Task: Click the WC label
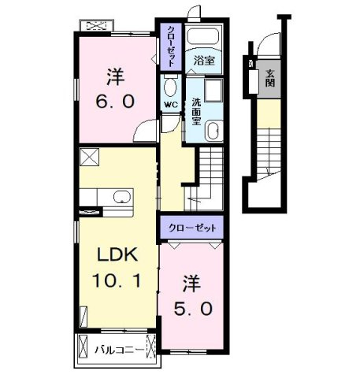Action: pyautogui.click(x=171, y=105)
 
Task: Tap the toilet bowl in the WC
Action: pyautogui.click(x=170, y=87)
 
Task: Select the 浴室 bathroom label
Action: pyautogui.click(x=204, y=61)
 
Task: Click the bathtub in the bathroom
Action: pyautogui.click(x=203, y=35)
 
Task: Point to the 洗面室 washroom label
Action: pyautogui.click(x=196, y=111)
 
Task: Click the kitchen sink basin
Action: pyautogui.click(x=122, y=197)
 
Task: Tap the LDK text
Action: pyautogui.click(x=117, y=254)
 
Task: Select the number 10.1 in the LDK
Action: pyautogui.click(x=117, y=280)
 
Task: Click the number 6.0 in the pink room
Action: pyautogui.click(x=115, y=102)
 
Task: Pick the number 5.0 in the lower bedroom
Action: pyautogui.click(x=193, y=309)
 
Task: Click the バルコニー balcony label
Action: pyautogui.click(x=120, y=350)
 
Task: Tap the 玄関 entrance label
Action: pyautogui.click(x=269, y=78)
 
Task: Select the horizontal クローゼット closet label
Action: pyautogui.click(x=192, y=228)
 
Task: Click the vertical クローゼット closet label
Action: pyautogui.click(x=171, y=46)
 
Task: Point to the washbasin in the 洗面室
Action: pyautogui.click(x=213, y=131)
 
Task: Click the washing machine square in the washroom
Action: pyautogui.click(x=213, y=90)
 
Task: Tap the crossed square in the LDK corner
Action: pyautogui.click(x=89, y=157)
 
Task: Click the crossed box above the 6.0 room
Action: pyautogui.click(x=97, y=26)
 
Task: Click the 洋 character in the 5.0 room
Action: pyautogui.click(x=192, y=283)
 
